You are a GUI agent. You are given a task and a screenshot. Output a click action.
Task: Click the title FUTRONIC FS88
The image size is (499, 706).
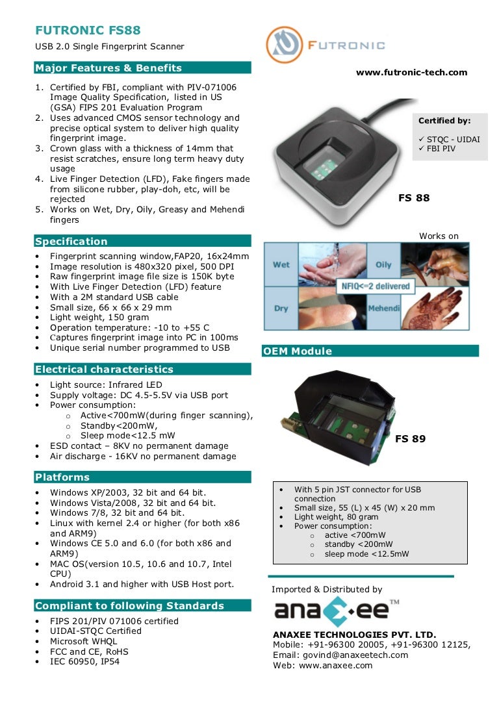click(x=88, y=31)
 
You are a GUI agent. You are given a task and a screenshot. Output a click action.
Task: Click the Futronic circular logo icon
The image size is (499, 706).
click(x=284, y=45)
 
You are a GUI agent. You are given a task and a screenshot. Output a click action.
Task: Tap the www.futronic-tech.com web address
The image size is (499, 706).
click(x=411, y=72)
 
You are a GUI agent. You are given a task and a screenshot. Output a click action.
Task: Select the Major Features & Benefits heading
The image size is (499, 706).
click(x=109, y=68)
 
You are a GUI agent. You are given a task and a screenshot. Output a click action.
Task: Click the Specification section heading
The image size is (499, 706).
click(x=71, y=241)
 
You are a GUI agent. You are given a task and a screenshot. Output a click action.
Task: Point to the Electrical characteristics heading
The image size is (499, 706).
click(x=104, y=369)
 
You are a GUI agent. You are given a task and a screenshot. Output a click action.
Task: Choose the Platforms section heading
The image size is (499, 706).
click(x=62, y=477)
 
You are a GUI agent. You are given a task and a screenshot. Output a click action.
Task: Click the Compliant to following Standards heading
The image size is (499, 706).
click(x=129, y=606)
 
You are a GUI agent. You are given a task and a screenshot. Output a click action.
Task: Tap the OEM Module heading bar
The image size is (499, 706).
click(x=297, y=351)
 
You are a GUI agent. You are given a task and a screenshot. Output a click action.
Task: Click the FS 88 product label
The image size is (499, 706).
click(x=414, y=198)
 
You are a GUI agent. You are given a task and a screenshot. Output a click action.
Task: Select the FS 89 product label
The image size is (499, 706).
click(x=411, y=439)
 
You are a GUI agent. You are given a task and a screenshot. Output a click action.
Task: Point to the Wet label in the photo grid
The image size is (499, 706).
click(x=281, y=265)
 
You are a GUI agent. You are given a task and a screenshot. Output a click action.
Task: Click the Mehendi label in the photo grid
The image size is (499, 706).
click(x=383, y=308)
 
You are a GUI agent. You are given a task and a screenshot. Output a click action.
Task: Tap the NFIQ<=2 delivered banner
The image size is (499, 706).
click(x=376, y=286)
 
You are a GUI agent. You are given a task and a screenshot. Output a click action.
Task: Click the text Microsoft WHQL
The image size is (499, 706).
click(x=84, y=641)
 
